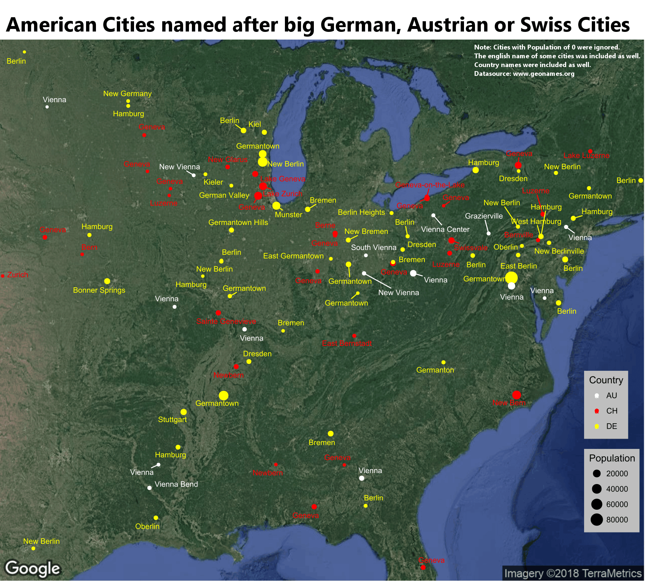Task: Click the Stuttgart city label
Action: pos(172,420)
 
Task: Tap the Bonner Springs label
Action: pos(99,290)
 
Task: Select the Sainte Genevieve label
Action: pos(226,321)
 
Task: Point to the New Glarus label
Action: pos(227,159)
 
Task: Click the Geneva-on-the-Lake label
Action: pos(430,185)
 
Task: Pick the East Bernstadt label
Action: pos(347,343)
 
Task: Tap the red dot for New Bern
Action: pos(516,395)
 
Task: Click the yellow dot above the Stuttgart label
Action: pos(183,412)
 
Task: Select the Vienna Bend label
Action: pos(176,484)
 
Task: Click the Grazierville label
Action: pos(484,216)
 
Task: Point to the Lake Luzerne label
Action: pos(586,155)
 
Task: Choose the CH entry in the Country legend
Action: pos(612,411)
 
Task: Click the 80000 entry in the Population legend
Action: pos(617,520)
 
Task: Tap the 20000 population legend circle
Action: pos(597,473)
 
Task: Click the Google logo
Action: pos(33,568)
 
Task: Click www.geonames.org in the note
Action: pos(543,74)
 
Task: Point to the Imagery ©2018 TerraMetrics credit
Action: pos(573,573)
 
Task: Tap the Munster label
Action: pos(288,215)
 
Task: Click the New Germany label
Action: pos(127,93)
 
